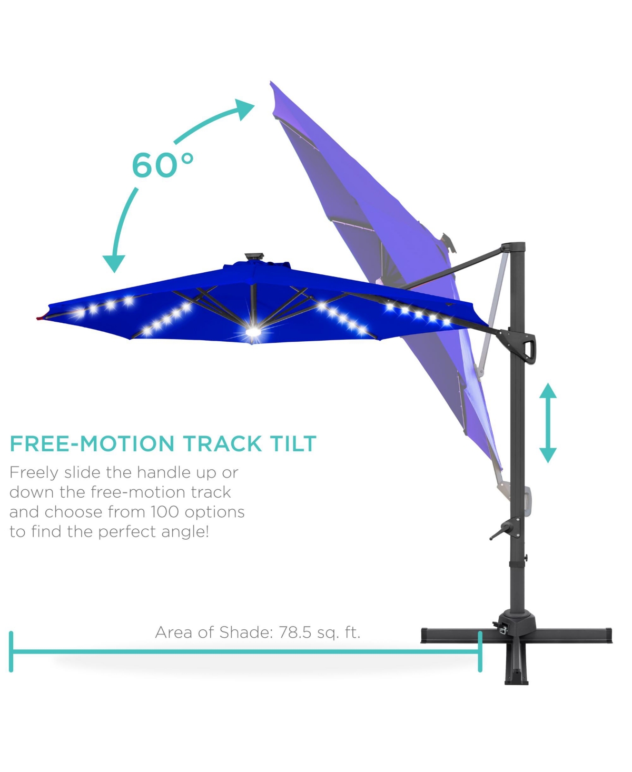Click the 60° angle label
pyautogui.click(x=162, y=165)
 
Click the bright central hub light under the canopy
pyautogui.click(x=253, y=332)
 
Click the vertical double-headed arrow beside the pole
pyautogui.click(x=548, y=422)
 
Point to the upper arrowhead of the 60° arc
pyautogui.click(x=244, y=108)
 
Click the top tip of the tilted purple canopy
pyautogui.click(x=271, y=82)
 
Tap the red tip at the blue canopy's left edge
pyautogui.click(x=39, y=318)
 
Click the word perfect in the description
pyautogui.click(x=127, y=532)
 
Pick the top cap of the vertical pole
pyautogui.click(x=513, y=245)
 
